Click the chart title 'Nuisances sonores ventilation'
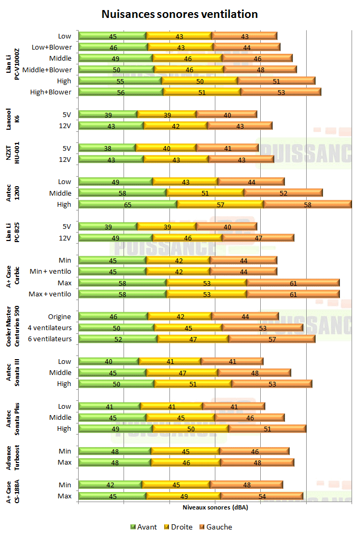179,14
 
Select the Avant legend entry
143,527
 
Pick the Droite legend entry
178,527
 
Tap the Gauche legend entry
215,527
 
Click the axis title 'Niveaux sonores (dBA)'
215,508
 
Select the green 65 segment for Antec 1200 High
128,204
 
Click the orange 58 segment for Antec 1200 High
307,204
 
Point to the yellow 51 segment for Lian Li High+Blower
202,92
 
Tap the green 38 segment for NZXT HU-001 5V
107,148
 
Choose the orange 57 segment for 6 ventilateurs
272,339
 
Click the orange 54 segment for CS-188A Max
262,496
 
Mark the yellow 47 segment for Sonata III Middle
182,372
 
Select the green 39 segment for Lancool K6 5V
108,114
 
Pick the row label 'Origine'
60,316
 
